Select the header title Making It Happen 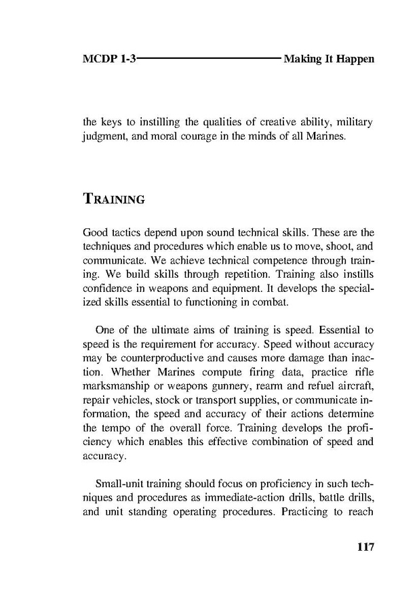(x=329, y=60)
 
